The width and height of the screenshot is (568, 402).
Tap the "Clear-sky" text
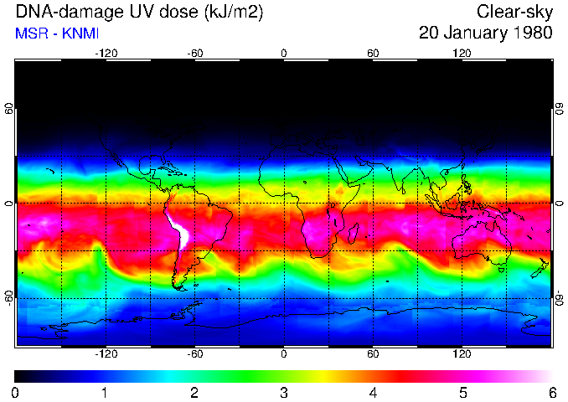tap(514, 13)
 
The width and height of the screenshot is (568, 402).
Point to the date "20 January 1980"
tap(485, 33)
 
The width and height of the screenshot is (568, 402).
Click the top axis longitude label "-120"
tap(106, 54)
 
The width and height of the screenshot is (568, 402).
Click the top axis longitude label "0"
tap(284, 54)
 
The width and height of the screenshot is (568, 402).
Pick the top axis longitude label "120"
tap(462, 54)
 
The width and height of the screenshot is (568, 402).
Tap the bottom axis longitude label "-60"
tap(194, 354)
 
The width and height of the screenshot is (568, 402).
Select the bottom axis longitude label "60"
tap(373, 354)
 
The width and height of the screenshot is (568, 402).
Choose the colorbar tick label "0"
tap(15, 392)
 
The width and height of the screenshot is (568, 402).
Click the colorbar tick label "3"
tap(284, 392)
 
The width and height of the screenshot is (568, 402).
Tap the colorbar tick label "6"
tap(552, 392)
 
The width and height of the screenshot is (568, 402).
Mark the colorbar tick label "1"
tap(105, 392)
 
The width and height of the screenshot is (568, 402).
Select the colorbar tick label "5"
tap(462, 392)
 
